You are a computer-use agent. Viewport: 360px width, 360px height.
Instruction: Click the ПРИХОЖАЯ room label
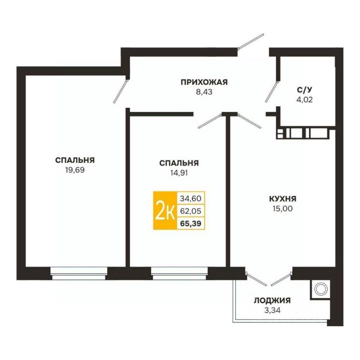pos(204,82)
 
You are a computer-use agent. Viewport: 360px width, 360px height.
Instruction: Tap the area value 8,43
pos(204,92)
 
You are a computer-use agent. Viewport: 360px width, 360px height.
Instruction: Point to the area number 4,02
pos(304,100)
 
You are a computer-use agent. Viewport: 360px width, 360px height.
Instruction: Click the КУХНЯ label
pos(283,199)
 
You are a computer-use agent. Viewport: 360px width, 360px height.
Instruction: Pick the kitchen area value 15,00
pos(283,208)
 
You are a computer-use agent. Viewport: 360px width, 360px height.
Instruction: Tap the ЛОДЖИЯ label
pos(272,300)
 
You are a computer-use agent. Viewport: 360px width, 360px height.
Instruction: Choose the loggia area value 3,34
pos(273,310)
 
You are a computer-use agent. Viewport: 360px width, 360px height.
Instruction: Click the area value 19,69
pos(75,170)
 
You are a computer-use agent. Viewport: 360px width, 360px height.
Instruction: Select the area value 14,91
pos(179,172)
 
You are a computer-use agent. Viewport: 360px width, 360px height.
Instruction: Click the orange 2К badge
pos(165,210)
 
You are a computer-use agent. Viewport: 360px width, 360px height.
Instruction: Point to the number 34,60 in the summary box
pos(190,198)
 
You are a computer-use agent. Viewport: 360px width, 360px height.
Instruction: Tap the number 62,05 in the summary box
pos(190,210)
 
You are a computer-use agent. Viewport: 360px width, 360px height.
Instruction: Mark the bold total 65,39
pos(190,223)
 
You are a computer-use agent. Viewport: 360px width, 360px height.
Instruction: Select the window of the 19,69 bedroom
pos(79,273)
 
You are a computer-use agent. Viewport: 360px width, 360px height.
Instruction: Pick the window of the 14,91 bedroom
pos(180,273)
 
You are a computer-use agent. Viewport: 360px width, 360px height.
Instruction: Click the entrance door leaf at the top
pos(251,41)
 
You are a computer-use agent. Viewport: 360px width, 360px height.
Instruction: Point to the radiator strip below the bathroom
pos(303,134)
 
